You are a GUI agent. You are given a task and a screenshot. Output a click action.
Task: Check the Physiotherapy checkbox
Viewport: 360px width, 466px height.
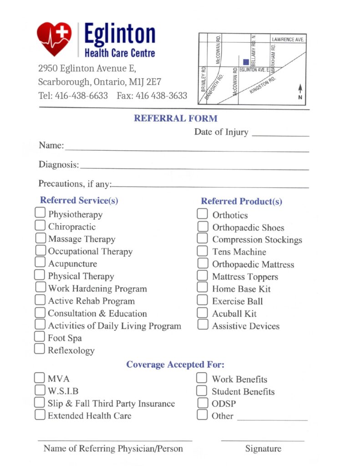[41, 213]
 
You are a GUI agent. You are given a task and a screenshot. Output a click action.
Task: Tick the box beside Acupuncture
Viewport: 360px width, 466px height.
[41, 263]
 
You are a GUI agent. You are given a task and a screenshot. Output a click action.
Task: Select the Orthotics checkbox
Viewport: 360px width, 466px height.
[203, 214]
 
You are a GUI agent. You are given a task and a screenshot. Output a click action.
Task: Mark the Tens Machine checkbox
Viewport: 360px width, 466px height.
[203, 251]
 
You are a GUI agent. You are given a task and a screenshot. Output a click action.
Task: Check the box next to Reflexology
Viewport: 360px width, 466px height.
[40, 349]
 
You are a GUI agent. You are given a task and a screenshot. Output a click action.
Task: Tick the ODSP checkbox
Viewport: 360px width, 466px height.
[202, 403]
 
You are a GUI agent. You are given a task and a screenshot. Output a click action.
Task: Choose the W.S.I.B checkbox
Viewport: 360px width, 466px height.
[40, 390]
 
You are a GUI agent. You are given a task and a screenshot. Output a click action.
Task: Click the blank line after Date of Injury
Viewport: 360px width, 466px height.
[280, 135]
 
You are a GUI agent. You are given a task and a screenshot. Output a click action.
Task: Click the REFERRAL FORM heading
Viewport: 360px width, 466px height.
[175, 118]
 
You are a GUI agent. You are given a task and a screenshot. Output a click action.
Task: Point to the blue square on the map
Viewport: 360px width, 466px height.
[246, 62]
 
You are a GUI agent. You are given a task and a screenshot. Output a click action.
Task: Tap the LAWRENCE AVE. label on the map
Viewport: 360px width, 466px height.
[288, 40]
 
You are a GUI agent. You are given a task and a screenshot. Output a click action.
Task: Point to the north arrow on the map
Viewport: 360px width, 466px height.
[300, 91]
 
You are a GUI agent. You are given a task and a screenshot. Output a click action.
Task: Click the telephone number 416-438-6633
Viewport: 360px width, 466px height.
[81, 96]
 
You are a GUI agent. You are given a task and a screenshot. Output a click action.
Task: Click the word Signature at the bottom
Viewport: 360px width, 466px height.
[263, 449]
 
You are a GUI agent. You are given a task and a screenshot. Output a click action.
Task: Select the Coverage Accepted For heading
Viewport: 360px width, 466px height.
[175, 365]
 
